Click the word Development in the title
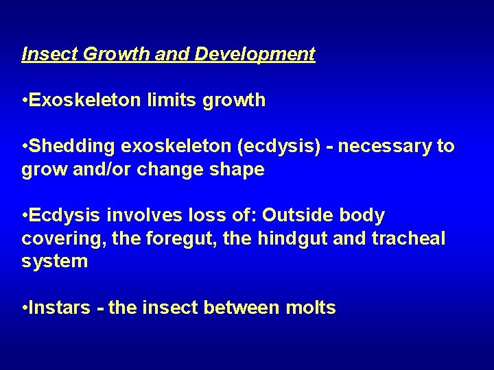coord(255,54)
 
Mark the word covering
coord(56,239)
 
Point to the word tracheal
coord(412,239)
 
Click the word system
coord(54,262)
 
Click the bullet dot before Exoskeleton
coord(25,101)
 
